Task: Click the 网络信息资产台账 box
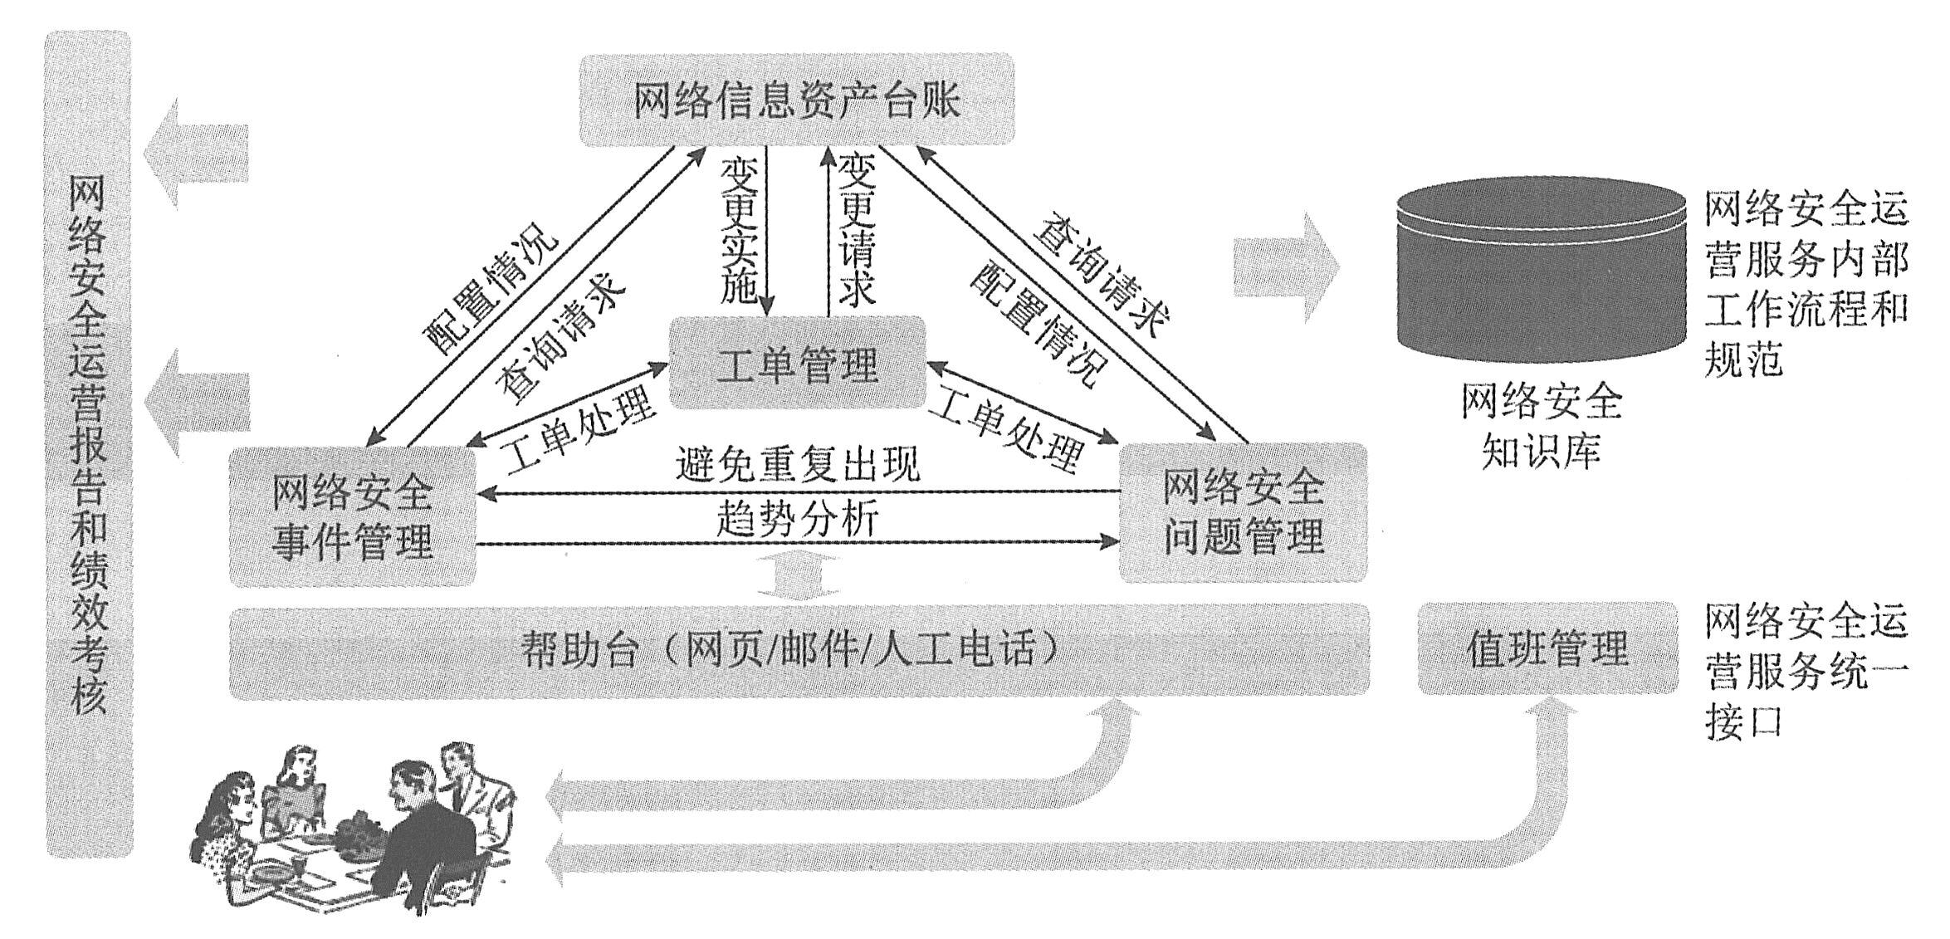coord(797,100)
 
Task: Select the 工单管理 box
coord(797,363)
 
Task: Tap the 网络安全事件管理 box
coord(352,516)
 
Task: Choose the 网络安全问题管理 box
coord(1243,512)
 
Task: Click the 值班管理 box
coord(1547,648)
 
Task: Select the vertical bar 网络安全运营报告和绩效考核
coord(89,444)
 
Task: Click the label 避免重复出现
coord(797,466)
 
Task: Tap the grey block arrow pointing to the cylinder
coord(1285,267)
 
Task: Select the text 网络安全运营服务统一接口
coord(1806,672)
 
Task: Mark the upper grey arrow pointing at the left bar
coord(197,153)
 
